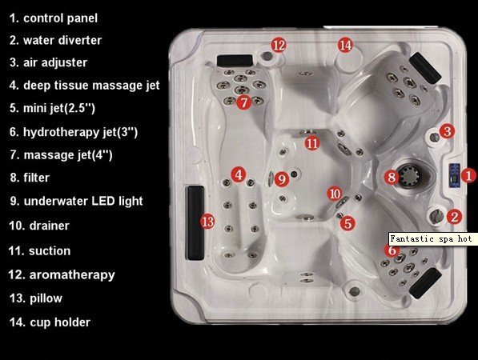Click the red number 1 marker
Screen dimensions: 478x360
[468, 176]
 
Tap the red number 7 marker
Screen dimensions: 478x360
[244, 102]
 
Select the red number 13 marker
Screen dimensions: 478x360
[207, 222]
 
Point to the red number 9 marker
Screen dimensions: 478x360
[282, 179]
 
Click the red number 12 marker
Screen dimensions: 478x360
[279, 46]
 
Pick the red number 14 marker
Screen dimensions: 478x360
[345, 45]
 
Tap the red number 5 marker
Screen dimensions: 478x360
[347, 223]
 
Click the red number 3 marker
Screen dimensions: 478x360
[448, 131]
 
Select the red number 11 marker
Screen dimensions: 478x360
[311, 143]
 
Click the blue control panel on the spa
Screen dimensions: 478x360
[454, 176]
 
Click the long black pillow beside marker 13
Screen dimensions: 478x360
[195, 222]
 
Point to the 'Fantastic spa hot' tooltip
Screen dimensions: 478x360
[431, 238]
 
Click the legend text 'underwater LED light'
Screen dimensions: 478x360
[83, 201]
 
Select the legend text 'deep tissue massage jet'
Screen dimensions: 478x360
[91, 86]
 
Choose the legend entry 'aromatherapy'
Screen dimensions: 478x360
[72, 275]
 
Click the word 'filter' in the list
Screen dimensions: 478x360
[36, 178]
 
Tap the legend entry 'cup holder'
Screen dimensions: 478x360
[60, 322]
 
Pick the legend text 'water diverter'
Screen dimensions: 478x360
[62, 40]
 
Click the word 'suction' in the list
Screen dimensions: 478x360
[50, 251]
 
